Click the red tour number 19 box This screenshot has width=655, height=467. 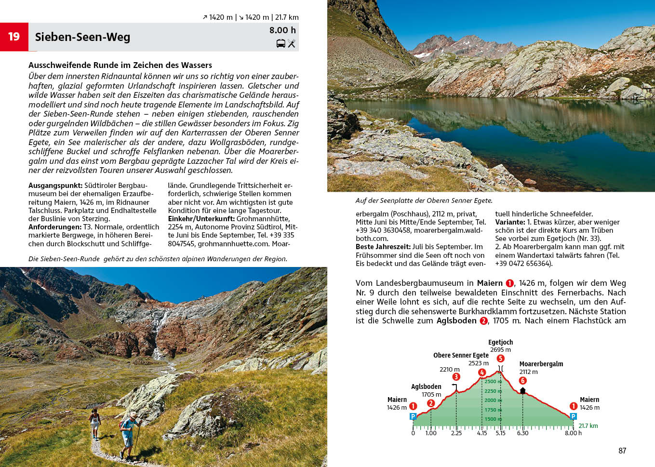pyautogui.click(x=14, y=37)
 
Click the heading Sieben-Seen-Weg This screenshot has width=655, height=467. pyautogui.click(x=82, y=37)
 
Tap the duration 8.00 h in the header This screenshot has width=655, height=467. pyautogui.click(x=282, y=30)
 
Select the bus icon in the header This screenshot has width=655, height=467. pyautogui.click(x=281, y=44)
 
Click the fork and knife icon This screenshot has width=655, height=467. pyautogui.click(x=292, y=44)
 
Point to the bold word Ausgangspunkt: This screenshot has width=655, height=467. pyautogui.click(x=55, y=186)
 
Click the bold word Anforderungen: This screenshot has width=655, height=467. pyautogui.click(x=55, y=227)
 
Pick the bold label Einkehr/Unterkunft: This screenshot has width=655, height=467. pyautogui.click(x=201, y=219)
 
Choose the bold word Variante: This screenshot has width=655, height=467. pyautogui.click(x=510, y=222)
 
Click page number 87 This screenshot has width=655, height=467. pyautogui.click(x=622, y=451)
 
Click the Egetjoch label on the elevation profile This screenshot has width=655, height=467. pyautogui.click(x=500, y=342)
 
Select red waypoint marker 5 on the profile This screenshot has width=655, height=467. pyautogui.click(x=500, y=358)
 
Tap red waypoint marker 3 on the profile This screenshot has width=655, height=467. pyautogui.click(x=456, y=377)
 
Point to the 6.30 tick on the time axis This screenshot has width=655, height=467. pyautogui.click(x=522, y=433)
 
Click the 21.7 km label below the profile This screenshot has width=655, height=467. pyautogui.click(x=588, y=426)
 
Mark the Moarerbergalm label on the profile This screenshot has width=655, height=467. pyautogui.click(x=541, y=364)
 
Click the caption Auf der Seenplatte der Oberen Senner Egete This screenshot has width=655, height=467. pyautogui.click(x=424, y=200)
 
